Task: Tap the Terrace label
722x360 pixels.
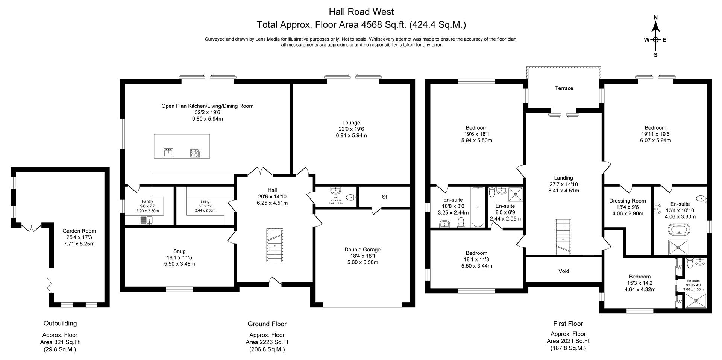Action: point(564,88)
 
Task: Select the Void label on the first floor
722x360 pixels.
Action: point(563,271)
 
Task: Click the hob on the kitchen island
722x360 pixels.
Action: point(195,153)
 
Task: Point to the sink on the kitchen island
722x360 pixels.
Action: point(168,153)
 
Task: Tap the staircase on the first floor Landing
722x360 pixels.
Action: point(563,237)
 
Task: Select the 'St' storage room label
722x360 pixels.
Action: point(384,197)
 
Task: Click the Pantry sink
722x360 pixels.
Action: point(146,220)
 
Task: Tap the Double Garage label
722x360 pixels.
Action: point(363,250)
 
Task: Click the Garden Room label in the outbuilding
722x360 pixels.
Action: point(79,231)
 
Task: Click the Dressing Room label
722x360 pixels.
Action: point(627,201)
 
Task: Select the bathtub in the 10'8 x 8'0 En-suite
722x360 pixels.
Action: point(478,207)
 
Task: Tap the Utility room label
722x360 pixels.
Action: point(205,202)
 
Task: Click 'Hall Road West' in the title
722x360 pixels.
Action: point(361,12)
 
